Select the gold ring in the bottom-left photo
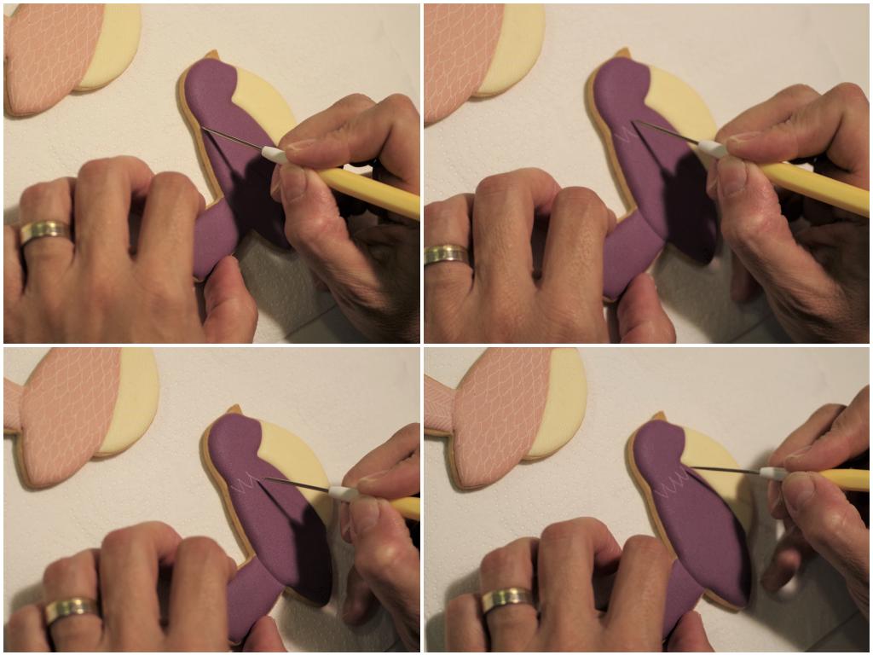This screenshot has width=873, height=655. point(70,609)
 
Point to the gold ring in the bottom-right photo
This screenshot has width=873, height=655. point(508,599)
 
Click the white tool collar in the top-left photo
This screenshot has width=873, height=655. point(273,154)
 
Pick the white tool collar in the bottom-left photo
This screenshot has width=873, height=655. point(344,492)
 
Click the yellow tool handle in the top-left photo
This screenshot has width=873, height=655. point(367,192)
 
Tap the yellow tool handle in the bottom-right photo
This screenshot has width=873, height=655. point(844,478)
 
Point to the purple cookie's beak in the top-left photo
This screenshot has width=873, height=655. point(211,56)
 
